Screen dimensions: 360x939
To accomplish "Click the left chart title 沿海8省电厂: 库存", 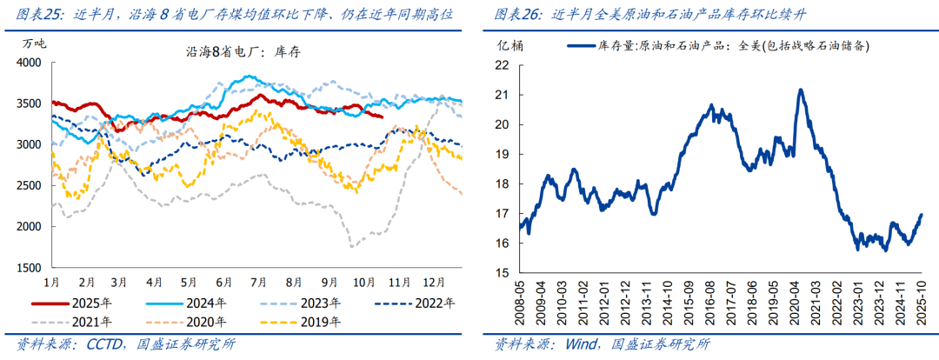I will tap(244, 51).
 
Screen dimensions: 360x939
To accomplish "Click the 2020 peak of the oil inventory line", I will tap(800, 89).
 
